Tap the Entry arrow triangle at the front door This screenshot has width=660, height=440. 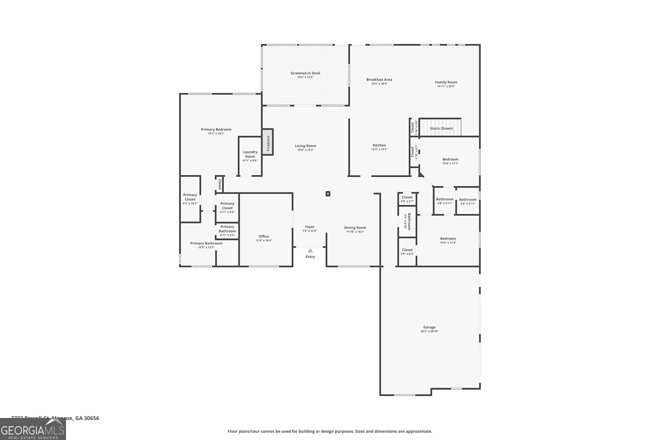coord(310,251)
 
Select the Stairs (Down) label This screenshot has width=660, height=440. coord(441,128)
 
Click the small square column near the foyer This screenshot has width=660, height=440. coord(328,194)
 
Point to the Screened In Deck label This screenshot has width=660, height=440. coord(305,73)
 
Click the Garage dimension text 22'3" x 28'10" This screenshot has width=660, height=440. coord(429,331)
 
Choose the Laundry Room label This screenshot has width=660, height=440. coord(250,154)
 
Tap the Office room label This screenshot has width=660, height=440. coord(264,236)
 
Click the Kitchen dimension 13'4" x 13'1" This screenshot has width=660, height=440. coord(379,149)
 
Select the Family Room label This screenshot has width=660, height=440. coord(446,82)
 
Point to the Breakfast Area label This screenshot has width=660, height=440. coord(379,79)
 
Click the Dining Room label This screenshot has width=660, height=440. coord(355,227)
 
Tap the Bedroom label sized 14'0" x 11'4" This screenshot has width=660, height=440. coord(448,238)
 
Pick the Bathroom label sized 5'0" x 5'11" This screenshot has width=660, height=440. coord(467,200)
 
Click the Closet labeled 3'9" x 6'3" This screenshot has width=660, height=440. coord(407,250)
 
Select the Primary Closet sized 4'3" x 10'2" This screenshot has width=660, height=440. coord(190,197)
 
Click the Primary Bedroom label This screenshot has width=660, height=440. coord(216,129)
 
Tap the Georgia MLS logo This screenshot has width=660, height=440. coord(33,429)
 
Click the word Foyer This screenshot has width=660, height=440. coord(310,227)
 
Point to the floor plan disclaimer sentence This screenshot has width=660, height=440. coord(330,431)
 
